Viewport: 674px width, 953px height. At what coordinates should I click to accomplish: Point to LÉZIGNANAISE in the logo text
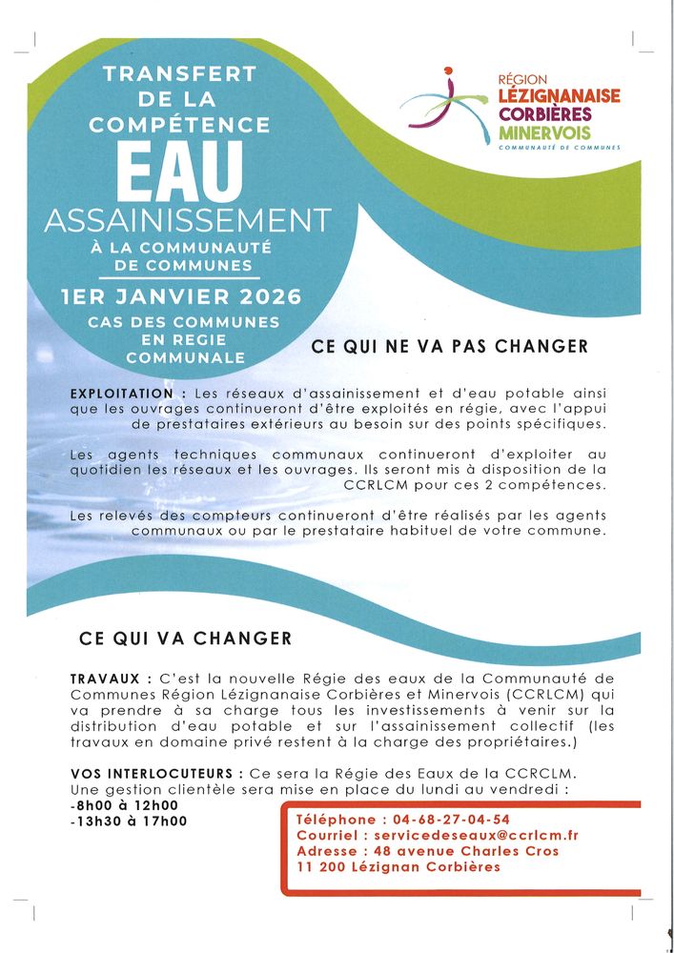pyautogui.click(x=560, y=96)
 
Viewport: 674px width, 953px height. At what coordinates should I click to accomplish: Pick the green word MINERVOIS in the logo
pyautogui.click(x=544, y=132)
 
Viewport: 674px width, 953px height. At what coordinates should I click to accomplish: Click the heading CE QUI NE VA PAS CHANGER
pyautogui.click(x=450, y=347)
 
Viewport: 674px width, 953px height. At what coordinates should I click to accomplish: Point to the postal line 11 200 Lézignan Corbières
pyautogui.click(x=398, y=867)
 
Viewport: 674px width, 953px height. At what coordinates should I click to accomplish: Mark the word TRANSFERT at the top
pyautogui.click(x=179, y=73)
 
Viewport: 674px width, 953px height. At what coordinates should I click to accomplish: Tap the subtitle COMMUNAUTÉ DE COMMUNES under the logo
pyautogui.click(x=560, y=148)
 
